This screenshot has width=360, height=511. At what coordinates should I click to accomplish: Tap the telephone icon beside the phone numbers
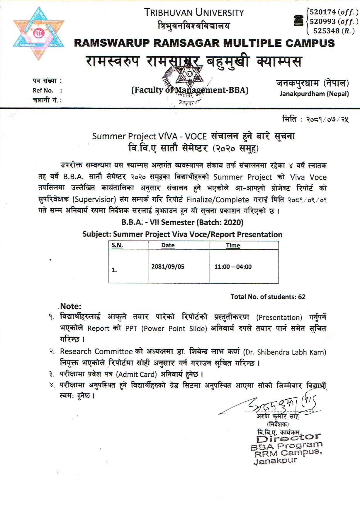299,21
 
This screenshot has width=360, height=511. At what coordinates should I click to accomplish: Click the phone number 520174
322,12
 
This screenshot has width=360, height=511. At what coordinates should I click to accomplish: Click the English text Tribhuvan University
194,13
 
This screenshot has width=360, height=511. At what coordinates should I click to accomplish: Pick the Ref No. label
43,91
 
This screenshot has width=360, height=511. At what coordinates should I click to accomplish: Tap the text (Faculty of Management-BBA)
190,90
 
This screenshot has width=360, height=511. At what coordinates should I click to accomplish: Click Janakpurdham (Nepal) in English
314,94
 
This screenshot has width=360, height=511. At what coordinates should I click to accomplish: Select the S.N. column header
117,245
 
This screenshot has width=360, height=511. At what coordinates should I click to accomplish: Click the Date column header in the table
168,245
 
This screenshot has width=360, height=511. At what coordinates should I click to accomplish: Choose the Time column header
233,246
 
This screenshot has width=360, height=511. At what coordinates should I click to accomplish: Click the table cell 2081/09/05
168,267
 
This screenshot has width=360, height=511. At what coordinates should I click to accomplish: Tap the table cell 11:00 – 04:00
233,267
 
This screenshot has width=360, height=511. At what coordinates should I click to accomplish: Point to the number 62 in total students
302,297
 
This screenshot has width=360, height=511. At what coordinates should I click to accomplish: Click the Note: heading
71,306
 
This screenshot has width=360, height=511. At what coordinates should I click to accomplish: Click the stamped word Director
288,438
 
